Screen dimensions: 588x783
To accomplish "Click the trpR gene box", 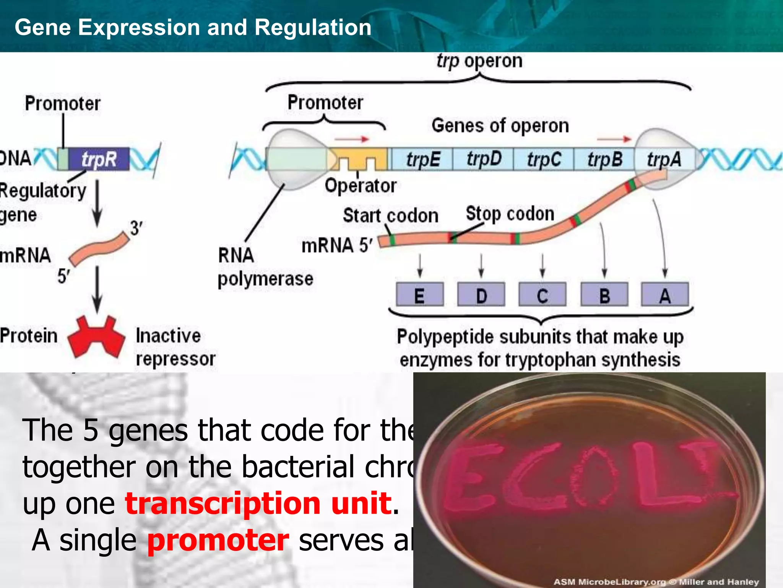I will pyautogui.click(x=99, y=159).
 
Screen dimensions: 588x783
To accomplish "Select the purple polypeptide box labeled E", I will pyautogui.click(x=420, y=295).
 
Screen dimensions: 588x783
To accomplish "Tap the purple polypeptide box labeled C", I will pyautogui.click(x=542, y=295).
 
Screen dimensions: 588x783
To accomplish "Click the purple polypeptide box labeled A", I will pyautogui.click(x=665, y=295).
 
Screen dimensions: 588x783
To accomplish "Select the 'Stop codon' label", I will pyautogui.click(x=510, y=214).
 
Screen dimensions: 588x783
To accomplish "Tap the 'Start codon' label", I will pyautogui.click(x=390, y=216).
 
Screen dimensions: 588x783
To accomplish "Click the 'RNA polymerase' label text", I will pyautogui.click(x=265, y=267).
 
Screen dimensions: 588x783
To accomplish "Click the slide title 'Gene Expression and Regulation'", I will pyautogui.click(x=193, y=28).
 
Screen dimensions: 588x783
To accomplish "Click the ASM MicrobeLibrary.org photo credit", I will pyautogui.click(x=656, y=581).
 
